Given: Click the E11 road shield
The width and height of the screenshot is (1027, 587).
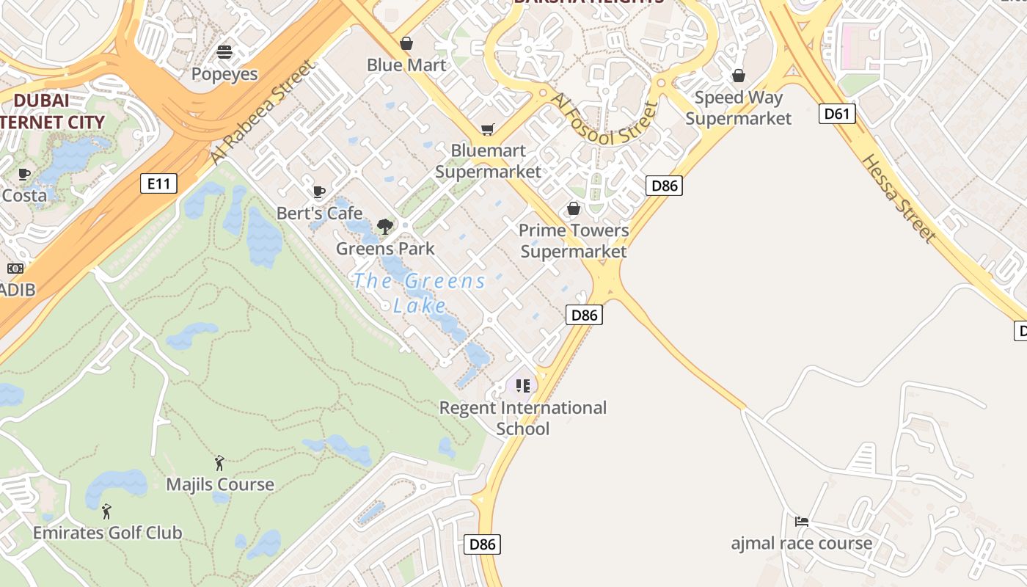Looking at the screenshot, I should (x=158, y=183).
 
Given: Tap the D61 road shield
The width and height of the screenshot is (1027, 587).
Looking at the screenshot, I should (x=836, y=113).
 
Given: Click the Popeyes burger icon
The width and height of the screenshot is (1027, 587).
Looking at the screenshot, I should (x=224, y=52).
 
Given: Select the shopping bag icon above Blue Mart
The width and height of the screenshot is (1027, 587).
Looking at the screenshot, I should (x=406, y=43).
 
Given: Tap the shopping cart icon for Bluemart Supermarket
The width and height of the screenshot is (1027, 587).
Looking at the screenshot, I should (x=488, y=129).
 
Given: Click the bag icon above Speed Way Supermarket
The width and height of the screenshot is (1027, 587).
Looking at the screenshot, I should (x=739, y=76).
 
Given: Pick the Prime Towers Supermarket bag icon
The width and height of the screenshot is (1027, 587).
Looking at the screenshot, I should (x=574, y=209).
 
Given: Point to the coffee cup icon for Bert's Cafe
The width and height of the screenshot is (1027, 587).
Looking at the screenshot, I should (x=319, y=192).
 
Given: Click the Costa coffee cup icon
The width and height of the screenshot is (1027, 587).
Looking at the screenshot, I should (x=24, y=175).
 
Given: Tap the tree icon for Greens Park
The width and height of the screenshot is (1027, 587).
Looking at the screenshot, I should (x=385, y=227).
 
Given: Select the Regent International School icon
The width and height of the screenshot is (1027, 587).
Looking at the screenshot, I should (x=522, y=385).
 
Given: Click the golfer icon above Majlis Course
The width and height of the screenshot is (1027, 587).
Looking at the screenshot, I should (x=219, y=463).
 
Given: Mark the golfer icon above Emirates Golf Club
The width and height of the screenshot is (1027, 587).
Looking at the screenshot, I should (x=107, y=511).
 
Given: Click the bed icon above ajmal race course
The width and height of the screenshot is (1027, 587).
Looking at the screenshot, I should (x=802, y=522).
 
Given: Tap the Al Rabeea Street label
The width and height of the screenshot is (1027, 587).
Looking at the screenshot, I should (x=263, y=112).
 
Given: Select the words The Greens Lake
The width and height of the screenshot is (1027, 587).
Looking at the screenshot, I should (x=420, y=292).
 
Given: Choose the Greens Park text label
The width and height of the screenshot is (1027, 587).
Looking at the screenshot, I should (x=385, y=249).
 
